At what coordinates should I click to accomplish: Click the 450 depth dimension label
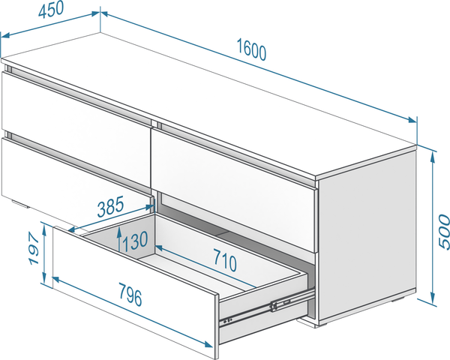[51, 10]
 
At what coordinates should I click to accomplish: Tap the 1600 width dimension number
[251, 49]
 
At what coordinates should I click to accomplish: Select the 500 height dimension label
[443, 232]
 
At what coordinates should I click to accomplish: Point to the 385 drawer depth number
[110, 206]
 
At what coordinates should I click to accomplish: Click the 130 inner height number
[135, 241]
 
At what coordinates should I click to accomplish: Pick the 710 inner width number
[225, 260]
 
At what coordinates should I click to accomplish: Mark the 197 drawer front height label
[34, 248]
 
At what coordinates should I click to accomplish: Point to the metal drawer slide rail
[267, 308]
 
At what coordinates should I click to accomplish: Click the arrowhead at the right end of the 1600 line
[412, 120]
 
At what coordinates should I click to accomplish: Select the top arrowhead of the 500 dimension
[433, 157]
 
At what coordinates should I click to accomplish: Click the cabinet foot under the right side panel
[322, 325]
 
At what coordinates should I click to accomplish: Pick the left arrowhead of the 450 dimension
[6, 35]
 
